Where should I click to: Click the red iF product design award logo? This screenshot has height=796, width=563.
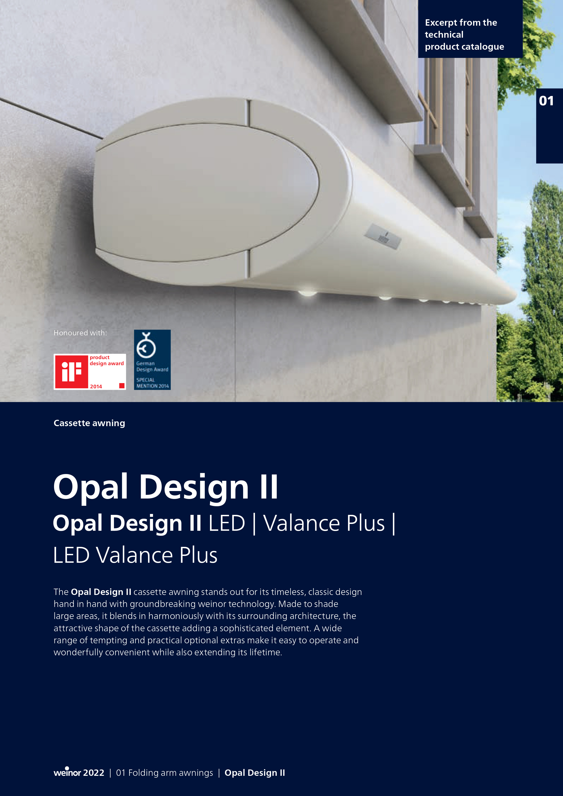(x=90, y=372)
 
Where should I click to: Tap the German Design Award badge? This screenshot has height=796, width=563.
(x=152, y=359)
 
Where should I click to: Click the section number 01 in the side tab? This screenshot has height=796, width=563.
(x=546, y=101)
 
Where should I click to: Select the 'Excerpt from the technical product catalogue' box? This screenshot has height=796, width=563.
(x=470, y=29)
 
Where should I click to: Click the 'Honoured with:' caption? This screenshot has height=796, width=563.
(x=80, y=333)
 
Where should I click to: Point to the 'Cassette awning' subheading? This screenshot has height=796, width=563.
(x=89, y=423)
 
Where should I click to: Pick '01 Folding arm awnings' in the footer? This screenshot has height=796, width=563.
(x=164, y=773)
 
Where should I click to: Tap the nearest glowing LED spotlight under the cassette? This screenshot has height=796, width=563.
(x=307, y=293)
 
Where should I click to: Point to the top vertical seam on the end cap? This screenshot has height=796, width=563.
(x=248, y=113)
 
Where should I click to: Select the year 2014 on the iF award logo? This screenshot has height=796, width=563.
(x=96, y=386)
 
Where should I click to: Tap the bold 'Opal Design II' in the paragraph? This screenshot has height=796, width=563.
(x=101, y=592)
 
